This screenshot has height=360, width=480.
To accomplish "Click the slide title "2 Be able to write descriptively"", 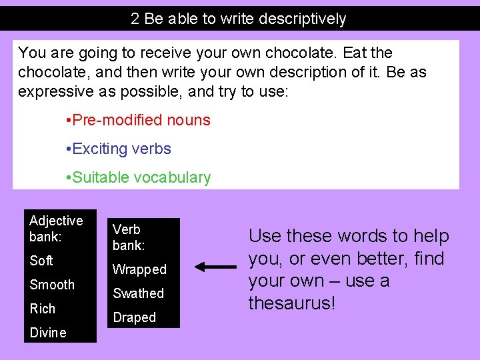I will click(239, 19).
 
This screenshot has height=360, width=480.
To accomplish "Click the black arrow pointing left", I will click(215, 267).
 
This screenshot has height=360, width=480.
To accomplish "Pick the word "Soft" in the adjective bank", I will click(41, 261).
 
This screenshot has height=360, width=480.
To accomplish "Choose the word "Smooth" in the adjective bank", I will click(52, 285).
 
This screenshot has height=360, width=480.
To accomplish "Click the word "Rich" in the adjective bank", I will click(43, 309).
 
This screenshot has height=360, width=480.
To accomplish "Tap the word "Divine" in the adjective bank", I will click(48, 333).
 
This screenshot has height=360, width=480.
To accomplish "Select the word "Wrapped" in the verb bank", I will click(139, 269).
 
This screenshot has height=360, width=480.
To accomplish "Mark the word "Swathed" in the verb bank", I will click(138, 293).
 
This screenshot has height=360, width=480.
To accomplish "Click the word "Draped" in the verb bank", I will click(134, 318).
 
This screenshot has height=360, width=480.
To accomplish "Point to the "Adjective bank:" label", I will click(56, 229).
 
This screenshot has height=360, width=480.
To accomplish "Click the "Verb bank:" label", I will click(129, 237).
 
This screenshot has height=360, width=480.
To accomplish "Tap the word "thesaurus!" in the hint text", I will click(291, 303).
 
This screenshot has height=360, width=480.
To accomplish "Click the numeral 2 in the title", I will click(135, 19).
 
